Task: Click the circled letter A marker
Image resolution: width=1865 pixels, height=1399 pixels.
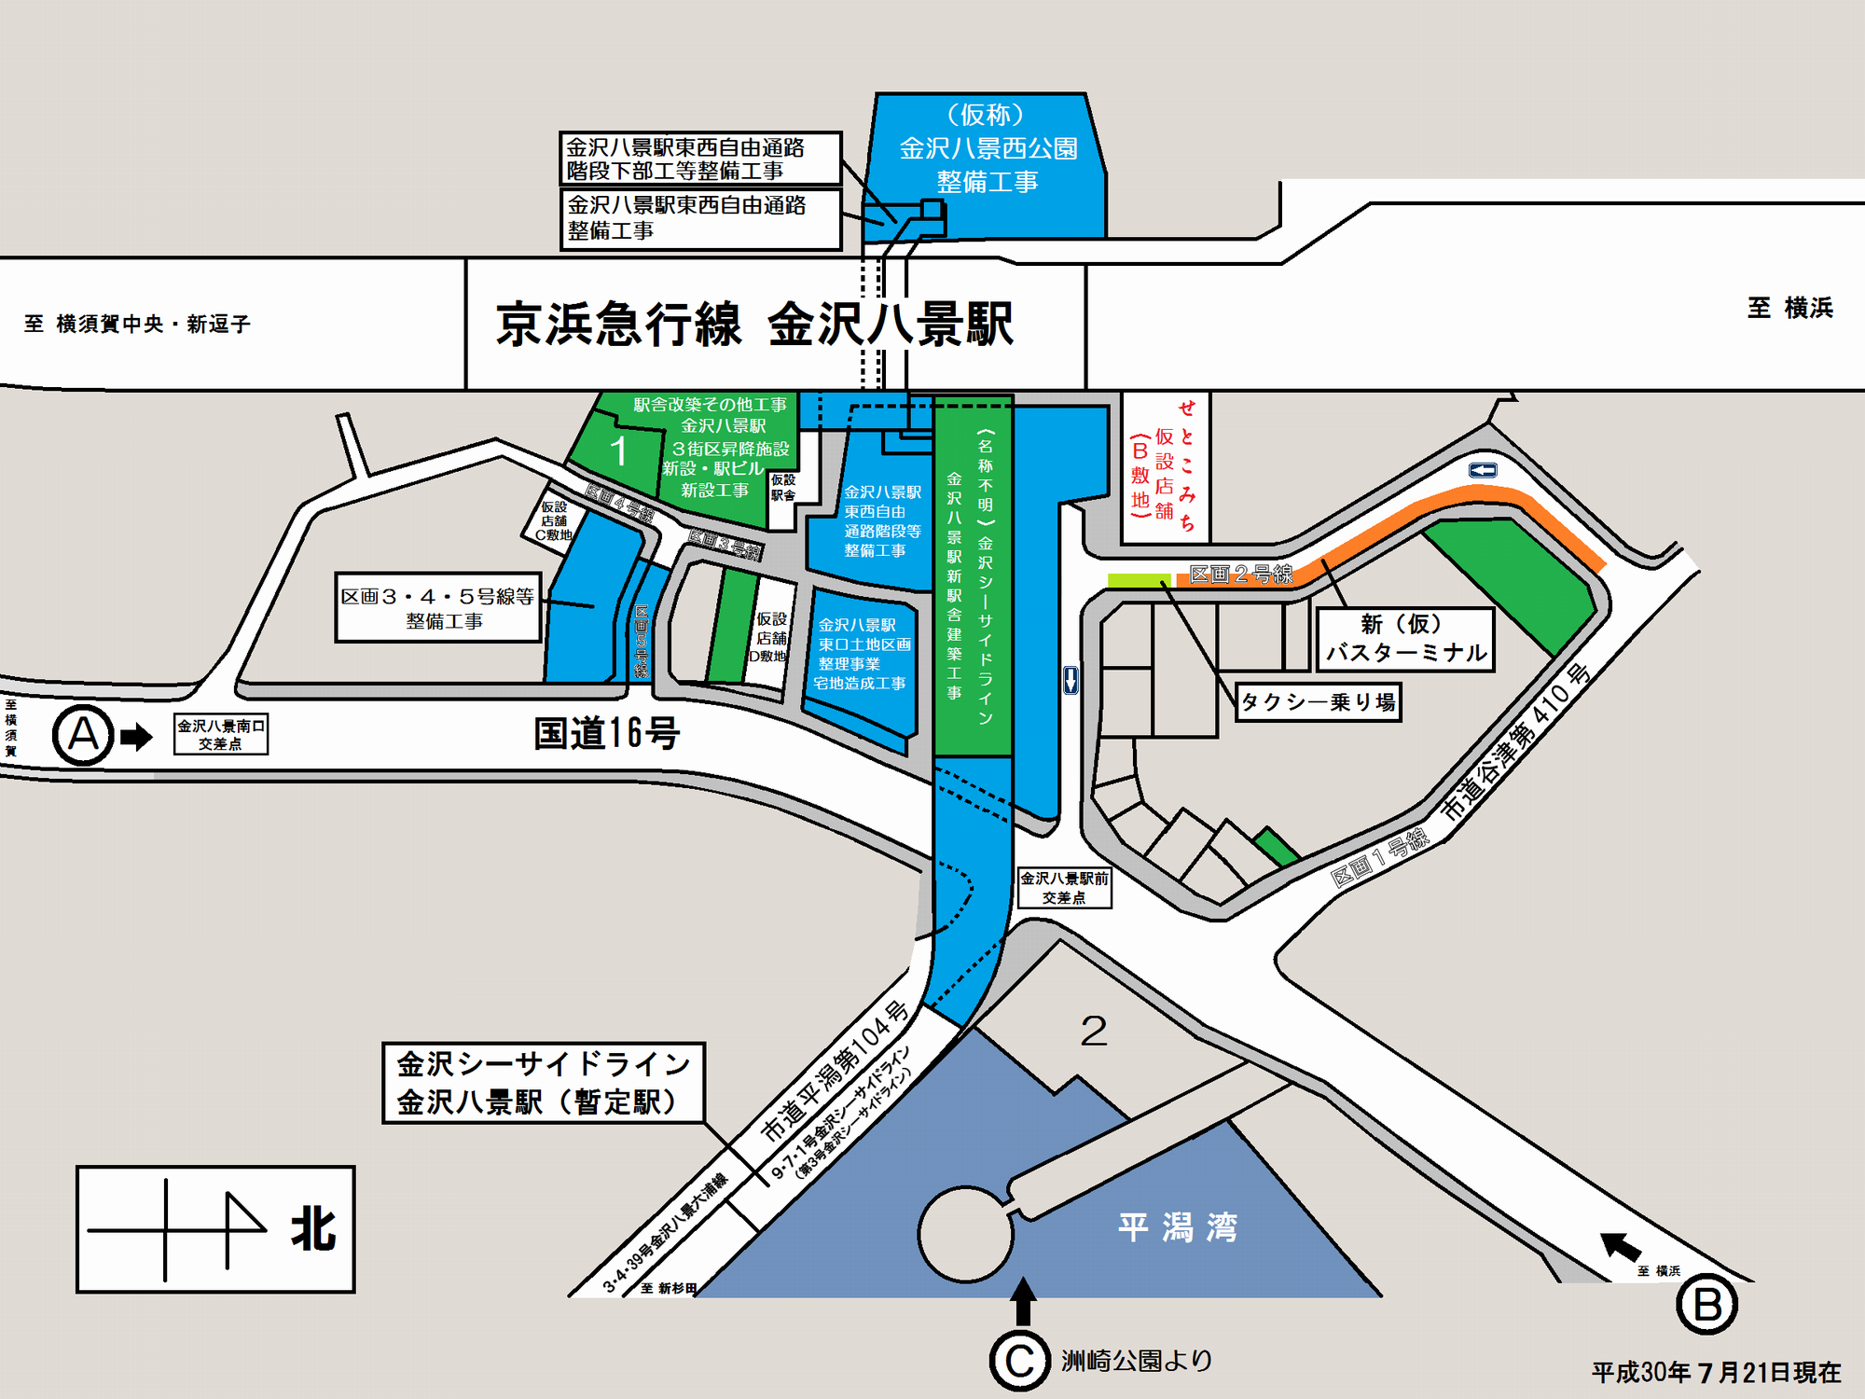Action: (x=83, y=735)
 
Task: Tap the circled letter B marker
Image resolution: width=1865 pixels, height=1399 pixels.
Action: (x=1706, y=1305)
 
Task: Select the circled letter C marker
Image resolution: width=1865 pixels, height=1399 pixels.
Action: (x=1019, y=1362)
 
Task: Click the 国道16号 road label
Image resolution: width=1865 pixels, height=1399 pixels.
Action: (x=606, y=734)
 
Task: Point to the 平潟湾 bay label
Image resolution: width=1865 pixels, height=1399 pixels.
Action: (x=1178, y=1227)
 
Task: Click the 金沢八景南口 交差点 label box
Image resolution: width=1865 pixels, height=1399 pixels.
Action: (x=221, y=734)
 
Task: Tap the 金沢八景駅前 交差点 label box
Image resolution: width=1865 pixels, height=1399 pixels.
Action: (x=1064, y=888)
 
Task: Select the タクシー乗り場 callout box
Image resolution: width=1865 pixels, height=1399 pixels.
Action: (x=1319, y=702)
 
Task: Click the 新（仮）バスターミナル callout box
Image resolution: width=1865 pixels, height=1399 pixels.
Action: (x=1405, y=639)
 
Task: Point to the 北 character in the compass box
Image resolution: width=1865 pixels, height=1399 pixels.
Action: (x=313, y=1229)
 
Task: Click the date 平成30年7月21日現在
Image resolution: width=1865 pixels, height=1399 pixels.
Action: (x=1716, y=1373)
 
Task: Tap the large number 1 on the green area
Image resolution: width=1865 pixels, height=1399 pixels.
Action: (x=618, y=451)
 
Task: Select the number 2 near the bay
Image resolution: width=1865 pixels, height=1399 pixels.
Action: (x=1093, y=1032)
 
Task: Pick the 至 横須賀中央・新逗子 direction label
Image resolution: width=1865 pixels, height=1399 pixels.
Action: (x=138, y=325)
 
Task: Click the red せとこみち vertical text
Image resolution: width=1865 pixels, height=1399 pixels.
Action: (x=1186, y=465)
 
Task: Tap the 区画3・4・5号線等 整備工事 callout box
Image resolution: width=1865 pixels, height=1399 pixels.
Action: (x=438, y=608)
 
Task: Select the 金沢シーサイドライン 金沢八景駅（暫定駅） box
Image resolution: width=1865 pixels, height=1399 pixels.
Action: (x=544, y=1083)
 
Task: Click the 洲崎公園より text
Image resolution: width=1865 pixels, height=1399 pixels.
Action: (x=1137, y=1361)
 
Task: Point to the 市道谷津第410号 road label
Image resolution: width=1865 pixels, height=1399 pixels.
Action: (x=1514, y=742)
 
